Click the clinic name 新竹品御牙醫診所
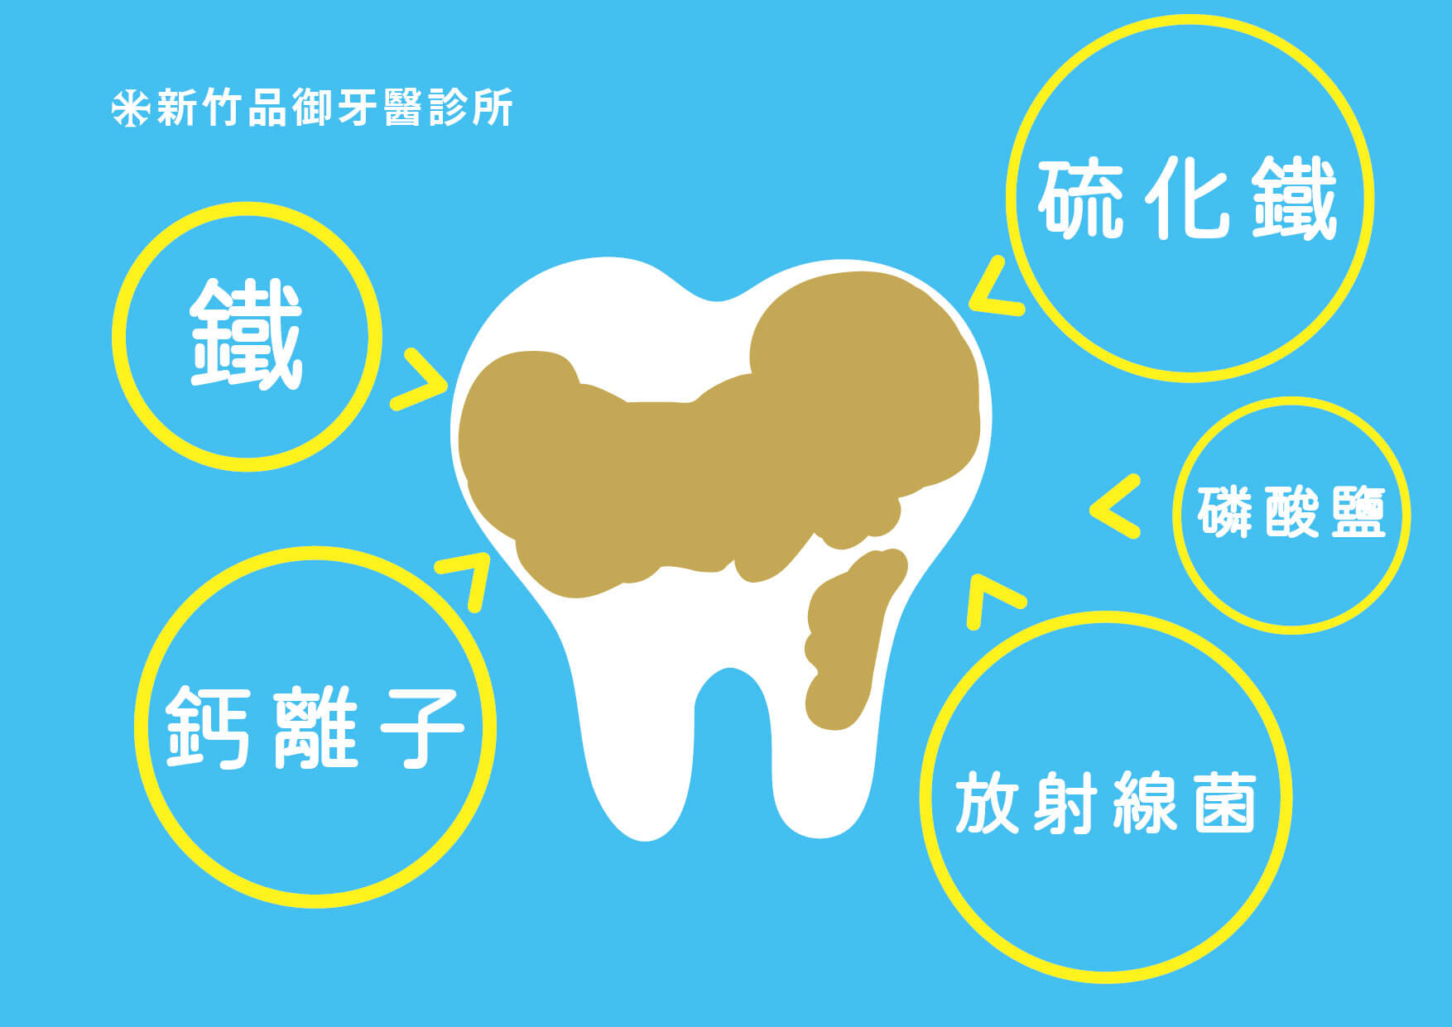[x=334, y=108]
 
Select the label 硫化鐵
[x=1187, y=199]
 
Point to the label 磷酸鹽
[x=1291, y=512]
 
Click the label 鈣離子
[x=315, y=727]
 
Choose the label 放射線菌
[x=1106, y=802]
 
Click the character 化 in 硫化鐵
[x=1186, y=199]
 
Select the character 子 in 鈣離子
[x=422, y=728]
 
